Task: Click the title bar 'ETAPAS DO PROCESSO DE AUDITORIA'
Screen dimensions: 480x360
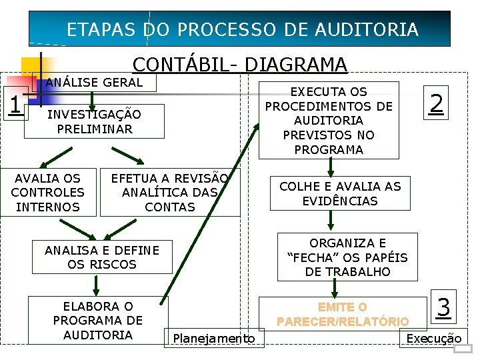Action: pyautogui.click(x=243, y=29)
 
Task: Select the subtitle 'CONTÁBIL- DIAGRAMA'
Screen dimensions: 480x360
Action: pyautogui.click(x=240, y=65)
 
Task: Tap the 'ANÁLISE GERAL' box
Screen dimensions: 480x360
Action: pyautogui.click(x=94, y=83)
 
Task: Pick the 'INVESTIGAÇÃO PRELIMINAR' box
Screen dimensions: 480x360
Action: pyautogui.click(x=94, y=122)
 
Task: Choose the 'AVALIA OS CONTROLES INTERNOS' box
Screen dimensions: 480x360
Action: pyautogui.click(x=47, y=193)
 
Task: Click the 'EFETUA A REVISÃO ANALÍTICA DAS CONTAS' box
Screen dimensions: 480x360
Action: pyautogui.click(x=170, y=193)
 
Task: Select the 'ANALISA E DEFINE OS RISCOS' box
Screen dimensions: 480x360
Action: pyautogui.click(x=102, y=257)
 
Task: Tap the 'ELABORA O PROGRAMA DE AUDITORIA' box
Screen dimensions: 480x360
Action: pyautogui.click(x=98, y=321)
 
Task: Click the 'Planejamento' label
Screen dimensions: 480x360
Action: pyautogui.click(x=213, y=339)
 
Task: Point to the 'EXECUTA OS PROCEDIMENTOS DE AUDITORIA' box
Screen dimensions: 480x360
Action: pyautogui.click(x=329, y=121)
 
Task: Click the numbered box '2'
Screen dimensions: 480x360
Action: pyautogui.click(x=436, y=103)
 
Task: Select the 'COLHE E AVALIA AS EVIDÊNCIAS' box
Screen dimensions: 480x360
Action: pyautogui.click(x=340, y=193)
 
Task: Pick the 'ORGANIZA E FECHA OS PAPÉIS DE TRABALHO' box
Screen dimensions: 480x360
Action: pyautogui.click(x=347, y=257)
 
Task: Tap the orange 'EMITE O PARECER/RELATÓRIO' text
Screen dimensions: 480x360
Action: pyautogui.click(x=342, y=315)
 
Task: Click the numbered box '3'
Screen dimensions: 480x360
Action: pyautogui.click(x=443, y=307)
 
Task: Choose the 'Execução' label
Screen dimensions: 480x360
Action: pyautogui.click(x=433, y=339)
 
